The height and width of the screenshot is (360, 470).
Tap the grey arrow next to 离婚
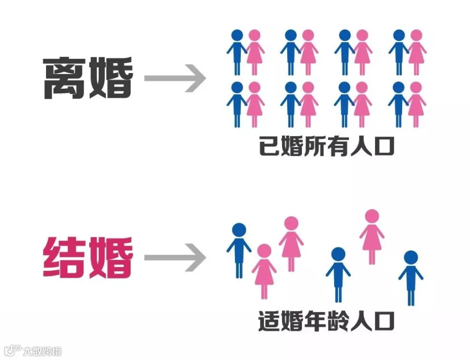[x=175, y=79]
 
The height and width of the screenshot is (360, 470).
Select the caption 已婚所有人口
[x=326, y=148]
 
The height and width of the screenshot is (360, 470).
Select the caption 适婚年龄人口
[x=326, y=322]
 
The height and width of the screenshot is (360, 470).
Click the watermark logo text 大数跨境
[x=42, y=351]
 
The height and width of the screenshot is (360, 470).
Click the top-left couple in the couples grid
[x=245, y=52]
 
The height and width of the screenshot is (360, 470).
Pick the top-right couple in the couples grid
[x=407, y=52]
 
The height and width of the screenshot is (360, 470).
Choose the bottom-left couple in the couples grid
[x=245, y=104]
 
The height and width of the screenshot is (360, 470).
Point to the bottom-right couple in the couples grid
[x=407, y=104]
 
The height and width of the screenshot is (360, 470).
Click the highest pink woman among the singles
[x=372, y=235]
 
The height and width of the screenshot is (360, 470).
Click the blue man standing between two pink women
[x=338, y=274]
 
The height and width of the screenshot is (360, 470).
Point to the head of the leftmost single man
[x=239, y=230]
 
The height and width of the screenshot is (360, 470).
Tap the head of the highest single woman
[x=372, y=216]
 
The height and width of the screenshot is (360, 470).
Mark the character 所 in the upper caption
[x=315, y=148]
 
